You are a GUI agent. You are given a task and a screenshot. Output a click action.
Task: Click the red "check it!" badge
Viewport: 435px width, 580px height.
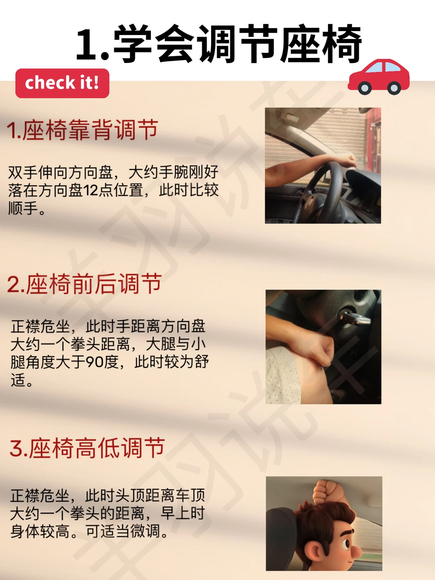[62, 83]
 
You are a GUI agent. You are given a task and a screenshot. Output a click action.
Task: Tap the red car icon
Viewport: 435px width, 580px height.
[379, 77]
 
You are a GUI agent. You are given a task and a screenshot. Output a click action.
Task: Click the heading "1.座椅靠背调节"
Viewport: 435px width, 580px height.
[83, 130]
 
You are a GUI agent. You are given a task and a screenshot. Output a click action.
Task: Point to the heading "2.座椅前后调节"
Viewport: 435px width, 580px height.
[84, 284]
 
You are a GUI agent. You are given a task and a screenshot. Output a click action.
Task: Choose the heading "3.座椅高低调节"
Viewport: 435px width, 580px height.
[87, 447]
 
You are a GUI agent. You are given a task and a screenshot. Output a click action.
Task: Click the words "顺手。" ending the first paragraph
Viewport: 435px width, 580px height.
[27, 209]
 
